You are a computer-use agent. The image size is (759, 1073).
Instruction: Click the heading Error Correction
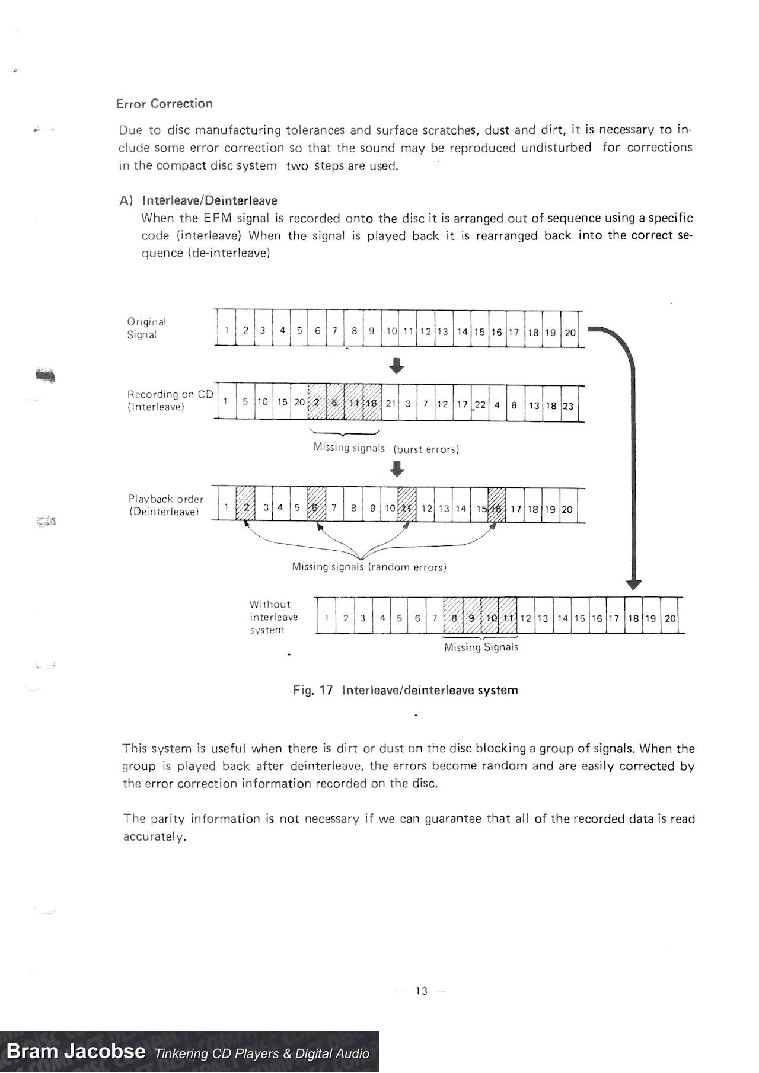point(164,104)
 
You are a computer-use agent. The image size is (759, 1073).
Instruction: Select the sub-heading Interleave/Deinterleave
point(209,200)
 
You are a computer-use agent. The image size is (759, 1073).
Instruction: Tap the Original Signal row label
point(146,328)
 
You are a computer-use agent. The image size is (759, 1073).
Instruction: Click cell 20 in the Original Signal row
point(570,332)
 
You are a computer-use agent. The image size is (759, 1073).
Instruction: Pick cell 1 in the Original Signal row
point(227,330)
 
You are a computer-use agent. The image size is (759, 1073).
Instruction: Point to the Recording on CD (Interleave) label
point(170,400)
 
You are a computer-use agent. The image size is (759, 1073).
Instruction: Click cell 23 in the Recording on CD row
point(568,405)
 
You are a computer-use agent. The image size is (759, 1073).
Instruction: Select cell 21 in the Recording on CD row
point(391,403)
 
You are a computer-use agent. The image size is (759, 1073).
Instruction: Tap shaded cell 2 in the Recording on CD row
point(317,403)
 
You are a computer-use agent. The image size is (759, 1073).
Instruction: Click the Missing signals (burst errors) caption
point(386,448)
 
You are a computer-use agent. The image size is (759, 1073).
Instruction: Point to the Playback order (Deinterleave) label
point(165,505)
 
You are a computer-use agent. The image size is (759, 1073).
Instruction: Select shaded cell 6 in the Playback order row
point(316,507)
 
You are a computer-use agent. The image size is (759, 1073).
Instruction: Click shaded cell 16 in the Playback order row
point(497,508)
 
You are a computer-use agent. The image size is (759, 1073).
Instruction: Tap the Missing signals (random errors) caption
point(369,567)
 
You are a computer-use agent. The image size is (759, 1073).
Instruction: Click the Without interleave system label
point(273,617)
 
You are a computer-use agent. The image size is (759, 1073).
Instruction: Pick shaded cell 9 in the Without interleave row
point(472,618)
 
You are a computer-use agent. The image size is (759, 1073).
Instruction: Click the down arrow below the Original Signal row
point(397,365)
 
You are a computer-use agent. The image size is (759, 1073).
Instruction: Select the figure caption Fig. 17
point(405,690)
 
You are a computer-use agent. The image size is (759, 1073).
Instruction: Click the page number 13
point(422,991)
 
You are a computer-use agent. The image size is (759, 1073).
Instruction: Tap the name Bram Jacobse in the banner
point(76,1052)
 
